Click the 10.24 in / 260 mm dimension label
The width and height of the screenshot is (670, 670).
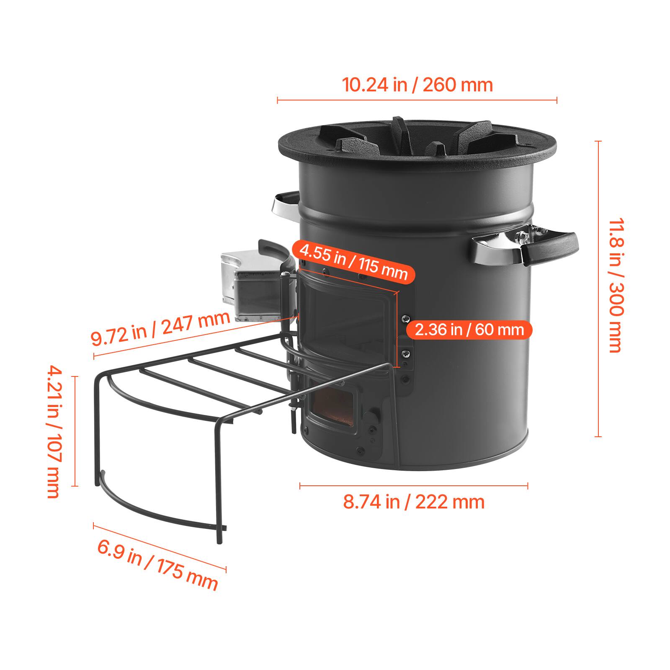point(417,85)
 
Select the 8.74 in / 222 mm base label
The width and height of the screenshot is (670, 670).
point(414,502)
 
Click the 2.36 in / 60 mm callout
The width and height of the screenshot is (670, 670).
point(469,330)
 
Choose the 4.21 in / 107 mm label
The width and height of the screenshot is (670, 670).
point(54,431)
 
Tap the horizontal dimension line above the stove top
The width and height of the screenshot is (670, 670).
point(417,100)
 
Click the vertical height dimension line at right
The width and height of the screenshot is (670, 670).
point(598,289)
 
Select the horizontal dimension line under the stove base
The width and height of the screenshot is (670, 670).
point(414,486)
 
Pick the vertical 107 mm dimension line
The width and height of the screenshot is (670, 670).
point(75,431)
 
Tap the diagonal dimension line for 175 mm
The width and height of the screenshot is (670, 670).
point(159,546)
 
